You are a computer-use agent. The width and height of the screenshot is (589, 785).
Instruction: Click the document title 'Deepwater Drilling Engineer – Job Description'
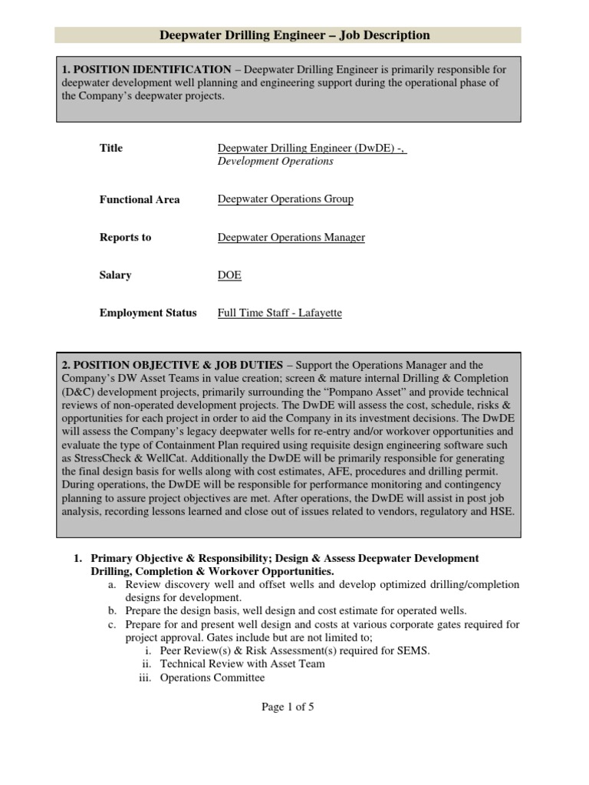tap(294, 35)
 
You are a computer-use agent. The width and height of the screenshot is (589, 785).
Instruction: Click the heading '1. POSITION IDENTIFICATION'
tap(146, 70)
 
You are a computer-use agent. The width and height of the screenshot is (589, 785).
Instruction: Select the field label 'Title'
tap(111, 148)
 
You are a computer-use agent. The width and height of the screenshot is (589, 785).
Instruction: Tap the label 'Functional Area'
tap(140, 199)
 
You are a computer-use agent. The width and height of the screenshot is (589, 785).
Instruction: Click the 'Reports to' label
tap(125, 238)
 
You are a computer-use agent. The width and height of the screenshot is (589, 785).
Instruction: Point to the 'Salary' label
tap(116, 275)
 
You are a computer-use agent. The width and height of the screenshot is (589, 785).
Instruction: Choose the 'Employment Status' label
tap(148, 313)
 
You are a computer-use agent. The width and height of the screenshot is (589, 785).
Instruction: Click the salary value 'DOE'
tap(229, 275)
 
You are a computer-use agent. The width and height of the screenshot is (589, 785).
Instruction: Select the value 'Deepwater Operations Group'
tap(285, 199)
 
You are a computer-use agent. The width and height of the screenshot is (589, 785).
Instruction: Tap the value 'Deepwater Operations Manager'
tap(291, 238)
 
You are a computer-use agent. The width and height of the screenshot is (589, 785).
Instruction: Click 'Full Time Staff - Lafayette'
tap(280, 313)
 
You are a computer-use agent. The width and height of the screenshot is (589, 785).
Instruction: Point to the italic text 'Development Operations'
tap(275, 162)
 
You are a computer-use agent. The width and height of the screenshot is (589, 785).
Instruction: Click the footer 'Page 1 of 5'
tap(288, 708)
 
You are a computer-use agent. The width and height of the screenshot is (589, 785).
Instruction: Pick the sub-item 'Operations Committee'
tap(212, 678)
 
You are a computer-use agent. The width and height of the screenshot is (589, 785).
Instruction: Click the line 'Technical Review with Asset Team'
tap(242, 664)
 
